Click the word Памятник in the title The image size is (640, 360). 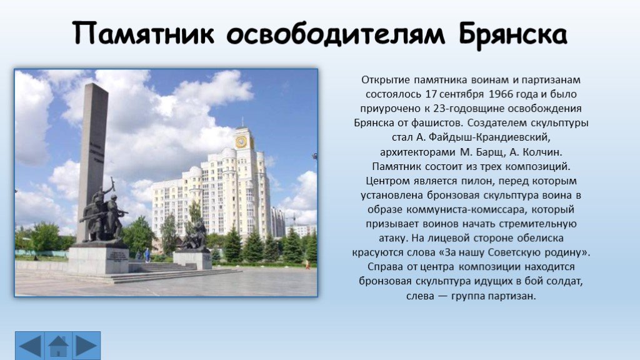pyautogui.click(x=144, y=34)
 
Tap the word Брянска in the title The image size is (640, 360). pyautogui.click(x=513, y=34)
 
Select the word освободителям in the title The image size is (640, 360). pyautogui.click(x=336, y=34)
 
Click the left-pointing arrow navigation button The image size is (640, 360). pyautogui.click(x=30, y=346)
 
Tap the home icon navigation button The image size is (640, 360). pyautogui.click(x=58, y=346)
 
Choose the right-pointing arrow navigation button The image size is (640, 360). pyautogui.click(x=86, y=346)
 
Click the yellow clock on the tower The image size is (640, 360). pyautogui.click(x=241, y=142)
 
